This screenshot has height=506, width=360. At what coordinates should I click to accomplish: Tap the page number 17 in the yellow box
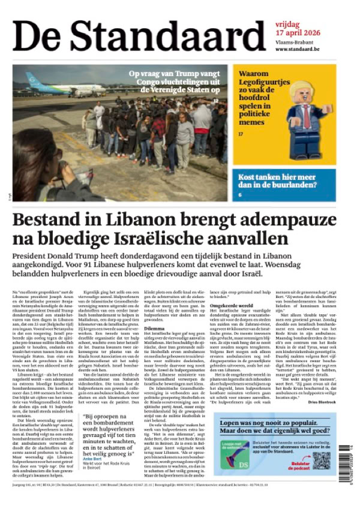click(x=241, y=134)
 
